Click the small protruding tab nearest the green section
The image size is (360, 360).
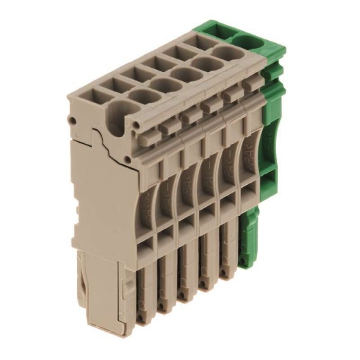coord(249,85)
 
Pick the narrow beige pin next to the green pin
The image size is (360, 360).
coord(227,261)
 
